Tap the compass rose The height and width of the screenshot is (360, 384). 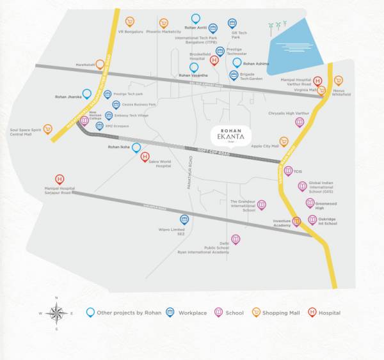[x=57, y=313]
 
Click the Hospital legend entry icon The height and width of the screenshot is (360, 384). [x=312, y=312]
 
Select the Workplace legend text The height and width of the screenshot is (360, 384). [x=193, y=313]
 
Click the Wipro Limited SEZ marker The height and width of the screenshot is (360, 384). [x=184, y=219]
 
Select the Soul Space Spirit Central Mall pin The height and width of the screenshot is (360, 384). [x=46, y=129]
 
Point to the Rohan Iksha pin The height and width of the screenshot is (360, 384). [x=136, y=147]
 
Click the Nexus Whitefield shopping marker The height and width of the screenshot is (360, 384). [x=339, y=80]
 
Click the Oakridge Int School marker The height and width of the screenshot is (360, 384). [x=312, y=219]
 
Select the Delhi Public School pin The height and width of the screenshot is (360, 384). [x=236, y=239]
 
